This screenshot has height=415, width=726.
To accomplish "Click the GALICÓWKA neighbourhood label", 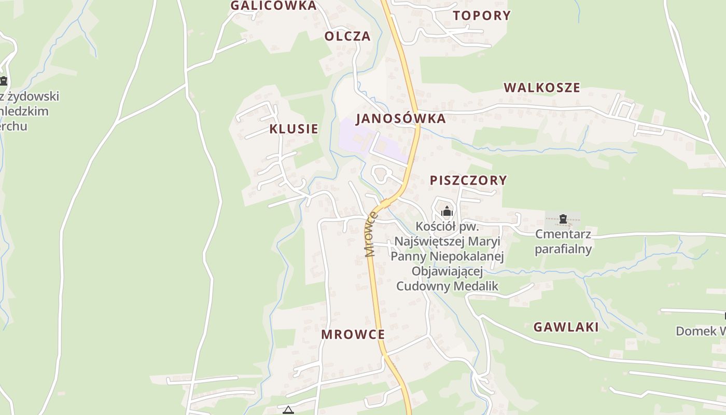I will pos(273,6).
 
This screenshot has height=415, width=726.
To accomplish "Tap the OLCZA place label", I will pos(347,36).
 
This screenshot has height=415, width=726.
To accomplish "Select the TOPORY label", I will pos(482,16).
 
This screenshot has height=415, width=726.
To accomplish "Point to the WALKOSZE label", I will pos(542,88).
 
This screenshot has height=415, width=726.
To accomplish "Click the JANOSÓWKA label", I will pos(401,118).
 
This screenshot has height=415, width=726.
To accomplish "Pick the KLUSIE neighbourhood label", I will pos(294,129).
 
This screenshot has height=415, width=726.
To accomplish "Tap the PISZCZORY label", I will pos(468,181).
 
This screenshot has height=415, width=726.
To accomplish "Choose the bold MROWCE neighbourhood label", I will pos(353,335).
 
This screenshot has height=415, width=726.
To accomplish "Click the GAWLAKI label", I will pos(566,327).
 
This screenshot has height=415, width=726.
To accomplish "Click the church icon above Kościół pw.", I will pos(447,211).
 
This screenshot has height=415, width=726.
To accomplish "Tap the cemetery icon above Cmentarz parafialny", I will pos(563,219).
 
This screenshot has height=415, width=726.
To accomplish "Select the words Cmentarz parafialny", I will pos(563,242).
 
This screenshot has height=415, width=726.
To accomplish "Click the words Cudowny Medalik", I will pos(447,286).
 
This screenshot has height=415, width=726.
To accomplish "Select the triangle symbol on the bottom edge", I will pos(288,410).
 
